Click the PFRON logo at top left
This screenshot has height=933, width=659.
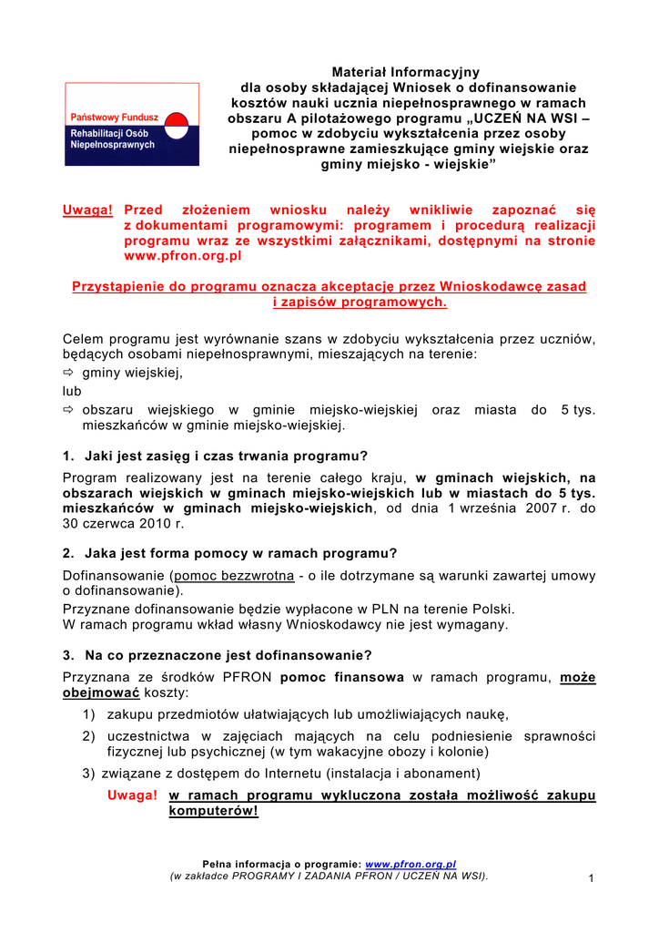tap(131, 124)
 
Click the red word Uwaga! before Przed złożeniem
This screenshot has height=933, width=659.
tap(87, 210)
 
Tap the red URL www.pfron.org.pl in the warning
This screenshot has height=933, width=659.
tap(177, 257)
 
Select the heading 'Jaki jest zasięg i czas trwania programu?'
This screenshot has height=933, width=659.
tap(226, 456)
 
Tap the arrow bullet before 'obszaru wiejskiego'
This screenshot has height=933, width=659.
tap(68, 410)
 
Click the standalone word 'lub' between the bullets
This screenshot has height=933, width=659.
tap(72, 391)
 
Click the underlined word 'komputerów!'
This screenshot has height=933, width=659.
tap(213, 811)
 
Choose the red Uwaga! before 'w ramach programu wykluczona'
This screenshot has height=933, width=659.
tap(132, 795)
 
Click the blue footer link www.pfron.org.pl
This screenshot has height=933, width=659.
tap(411, 864)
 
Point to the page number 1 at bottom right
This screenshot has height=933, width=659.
tap(591, 877)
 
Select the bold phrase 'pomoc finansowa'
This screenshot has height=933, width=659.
tap(342, 677)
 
